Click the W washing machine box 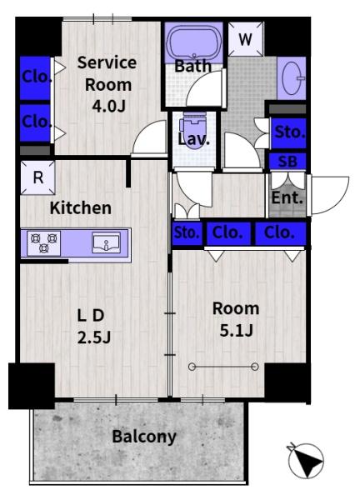click(x=245, y=39)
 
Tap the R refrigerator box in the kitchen click(x=37, y=177)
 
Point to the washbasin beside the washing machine click(x=292, y=79)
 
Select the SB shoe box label click(x=287, y=162)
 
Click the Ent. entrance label click(x=287, y=198)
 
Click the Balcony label click(x=143, y=436)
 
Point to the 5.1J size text click(x=235, y=328)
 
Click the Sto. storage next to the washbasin click(x=289, y=132)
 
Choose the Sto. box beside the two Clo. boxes click(x=186, y=233)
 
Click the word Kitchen click(x=80, y=207)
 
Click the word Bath click(x=192, y=66)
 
